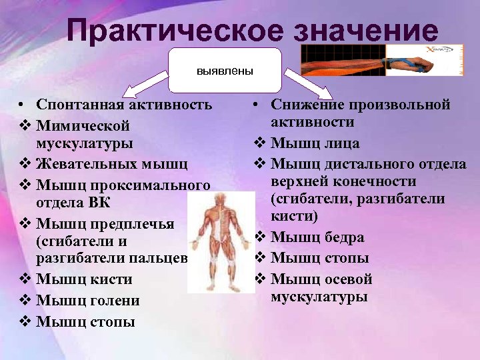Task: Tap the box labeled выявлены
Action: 225,69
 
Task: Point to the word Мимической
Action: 83,125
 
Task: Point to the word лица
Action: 344,143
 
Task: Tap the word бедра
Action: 344,237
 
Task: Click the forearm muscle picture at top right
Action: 381,61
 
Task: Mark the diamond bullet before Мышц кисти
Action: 24,279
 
